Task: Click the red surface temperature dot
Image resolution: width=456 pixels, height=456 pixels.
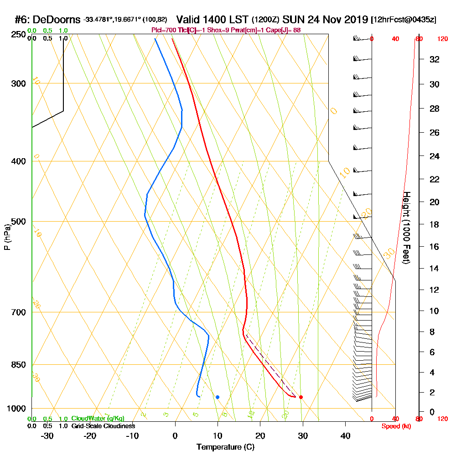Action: click(x=301, y=397)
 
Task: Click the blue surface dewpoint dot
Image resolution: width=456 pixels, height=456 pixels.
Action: click(x=218, y=397)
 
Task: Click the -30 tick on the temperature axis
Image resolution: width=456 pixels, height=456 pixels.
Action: click(x=47, y=436)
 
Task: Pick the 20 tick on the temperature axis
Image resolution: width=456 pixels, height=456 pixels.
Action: click(x=260, y=436)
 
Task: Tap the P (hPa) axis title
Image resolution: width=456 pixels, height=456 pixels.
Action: click(x=7, y=237)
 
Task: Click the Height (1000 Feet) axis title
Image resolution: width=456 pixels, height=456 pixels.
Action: click(x=406, y=228)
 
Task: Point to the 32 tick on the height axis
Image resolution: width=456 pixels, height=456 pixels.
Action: click(x=435, y=59)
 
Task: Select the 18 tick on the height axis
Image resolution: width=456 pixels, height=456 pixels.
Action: click(x=435, y=224)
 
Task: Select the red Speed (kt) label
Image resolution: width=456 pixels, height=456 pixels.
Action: click(x=394, y=426)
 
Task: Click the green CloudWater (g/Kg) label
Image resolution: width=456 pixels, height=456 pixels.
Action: click(x=98, y=419)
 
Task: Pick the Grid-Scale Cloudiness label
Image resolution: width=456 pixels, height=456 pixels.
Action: click(x=103, y=426)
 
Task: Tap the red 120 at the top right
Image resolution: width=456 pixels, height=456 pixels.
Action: click(x=442, y=39)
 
